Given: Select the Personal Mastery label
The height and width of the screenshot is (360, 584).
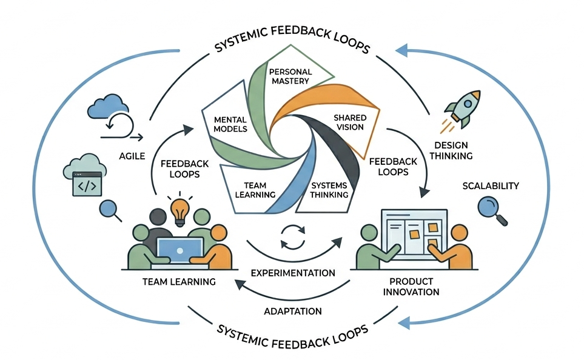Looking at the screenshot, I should [290, 76].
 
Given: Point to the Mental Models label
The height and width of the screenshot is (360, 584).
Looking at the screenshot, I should [230, 124].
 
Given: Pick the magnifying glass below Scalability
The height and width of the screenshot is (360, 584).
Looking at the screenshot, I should [491, 212].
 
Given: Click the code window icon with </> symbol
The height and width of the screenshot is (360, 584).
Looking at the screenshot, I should [84, 185].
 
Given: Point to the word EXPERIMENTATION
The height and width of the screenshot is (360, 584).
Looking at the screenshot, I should [293, 273].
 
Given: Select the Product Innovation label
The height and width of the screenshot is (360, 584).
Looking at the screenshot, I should [414, 287].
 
